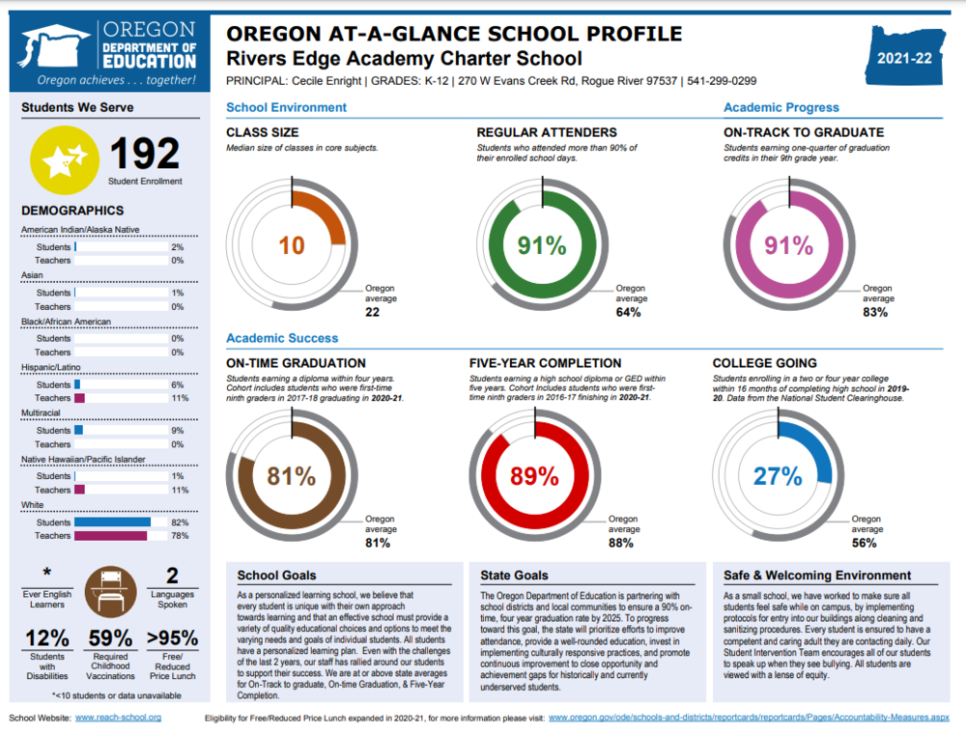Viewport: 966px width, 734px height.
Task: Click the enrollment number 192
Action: (x=145, y=154)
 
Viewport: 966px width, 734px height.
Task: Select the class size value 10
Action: (x=292, y=245)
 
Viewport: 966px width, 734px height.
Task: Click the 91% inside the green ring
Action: (x=542, y=245)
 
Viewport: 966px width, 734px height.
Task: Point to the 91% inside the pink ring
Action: (x=790, y=245)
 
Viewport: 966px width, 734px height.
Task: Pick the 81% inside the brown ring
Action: (x=292, y=476)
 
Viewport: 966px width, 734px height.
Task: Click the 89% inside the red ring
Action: (x=534, y=476)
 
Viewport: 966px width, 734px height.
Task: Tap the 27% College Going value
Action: (x=778, y=476)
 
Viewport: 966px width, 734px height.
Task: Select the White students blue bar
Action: (x=112, y=522)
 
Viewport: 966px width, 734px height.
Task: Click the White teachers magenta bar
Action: (x=110, y=535)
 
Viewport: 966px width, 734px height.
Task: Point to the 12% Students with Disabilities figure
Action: (x=46, y=638)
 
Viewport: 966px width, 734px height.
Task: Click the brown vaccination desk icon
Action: (x=110, y=591)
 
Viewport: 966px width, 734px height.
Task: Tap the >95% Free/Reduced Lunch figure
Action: (x=172, y=638)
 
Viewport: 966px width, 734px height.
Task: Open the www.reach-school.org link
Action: (x=118, y=718)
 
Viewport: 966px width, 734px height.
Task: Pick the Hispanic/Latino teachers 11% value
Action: (x=178, y=398)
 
